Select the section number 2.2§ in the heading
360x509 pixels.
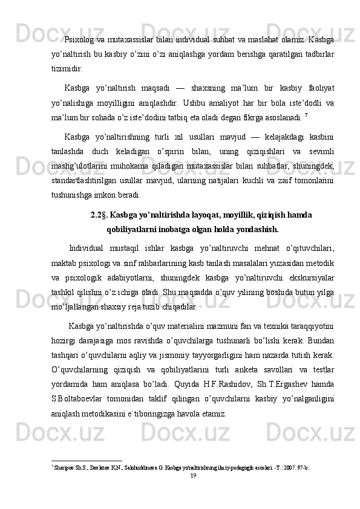[x=99, y=215]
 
